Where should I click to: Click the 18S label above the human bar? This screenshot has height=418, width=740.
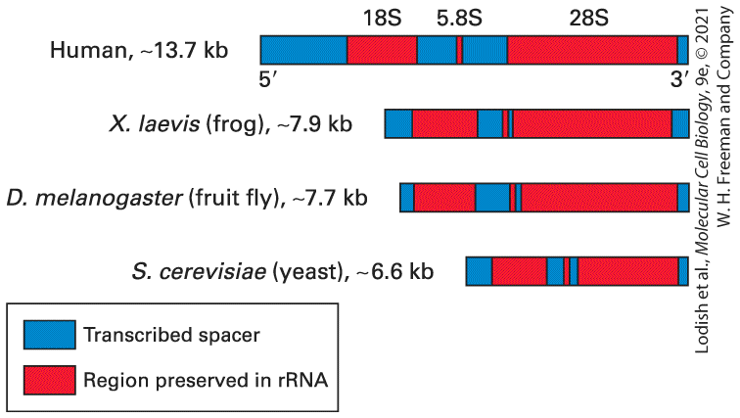[382, 19]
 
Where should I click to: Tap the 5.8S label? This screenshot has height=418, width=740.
[459, 19]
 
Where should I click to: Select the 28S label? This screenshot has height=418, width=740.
[588, 19]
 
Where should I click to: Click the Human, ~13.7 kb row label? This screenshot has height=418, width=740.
[139, 50]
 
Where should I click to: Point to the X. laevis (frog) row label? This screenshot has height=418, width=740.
[231, 124]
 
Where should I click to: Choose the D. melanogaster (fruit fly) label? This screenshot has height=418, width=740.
[187, 198]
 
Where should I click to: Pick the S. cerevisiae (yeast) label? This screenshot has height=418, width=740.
[283, 272]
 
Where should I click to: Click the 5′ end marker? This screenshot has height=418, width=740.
[267, 79]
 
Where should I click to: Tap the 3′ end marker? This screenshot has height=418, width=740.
[679, 79]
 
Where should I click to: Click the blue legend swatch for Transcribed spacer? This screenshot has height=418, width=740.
[50, 335]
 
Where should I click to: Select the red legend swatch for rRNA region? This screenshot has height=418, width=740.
[50, 380]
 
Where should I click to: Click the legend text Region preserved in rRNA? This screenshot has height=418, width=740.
[206, 380]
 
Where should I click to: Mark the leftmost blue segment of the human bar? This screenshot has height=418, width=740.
[303, 50]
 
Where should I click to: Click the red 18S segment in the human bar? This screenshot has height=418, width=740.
[383, 50]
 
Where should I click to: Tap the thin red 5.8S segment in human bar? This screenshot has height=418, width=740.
[459, 50]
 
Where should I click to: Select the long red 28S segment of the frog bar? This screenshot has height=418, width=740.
[592, 124]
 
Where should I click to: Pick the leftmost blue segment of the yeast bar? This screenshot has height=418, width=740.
[479, 272]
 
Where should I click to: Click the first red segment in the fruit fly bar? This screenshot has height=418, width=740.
[444, 198]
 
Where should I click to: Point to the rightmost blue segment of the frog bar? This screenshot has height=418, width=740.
[680, 124]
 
